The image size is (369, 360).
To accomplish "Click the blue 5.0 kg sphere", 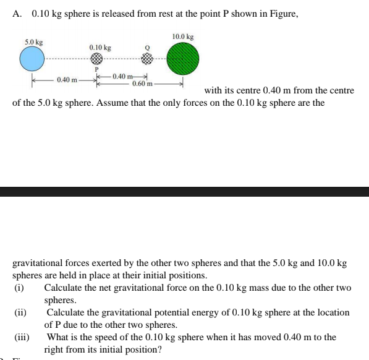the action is (x=32, y=59).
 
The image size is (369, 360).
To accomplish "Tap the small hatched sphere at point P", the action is (x=96, y=59).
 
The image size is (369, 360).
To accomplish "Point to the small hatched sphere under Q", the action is (x=146, y=59).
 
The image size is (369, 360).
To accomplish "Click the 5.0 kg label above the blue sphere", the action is (x=33, y=42).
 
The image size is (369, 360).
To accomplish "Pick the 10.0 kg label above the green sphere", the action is (x=183, y=37).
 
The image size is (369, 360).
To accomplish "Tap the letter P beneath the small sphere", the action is (x=96, y=69).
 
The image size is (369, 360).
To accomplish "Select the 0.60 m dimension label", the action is (x=142, y=83).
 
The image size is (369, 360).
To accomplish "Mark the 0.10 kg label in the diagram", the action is (x=100, y=48).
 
